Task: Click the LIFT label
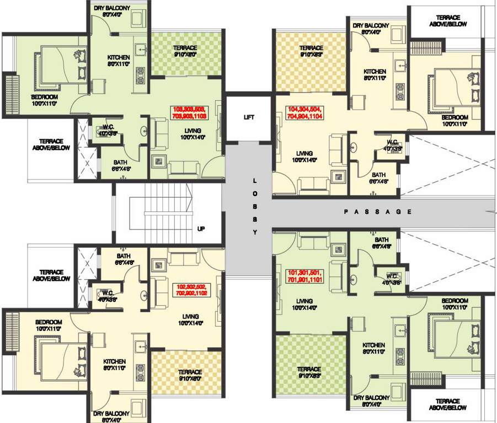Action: tap(249, 117)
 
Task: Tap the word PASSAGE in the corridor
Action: tap(377, 211)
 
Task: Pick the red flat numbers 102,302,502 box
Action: tap(191, 291)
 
